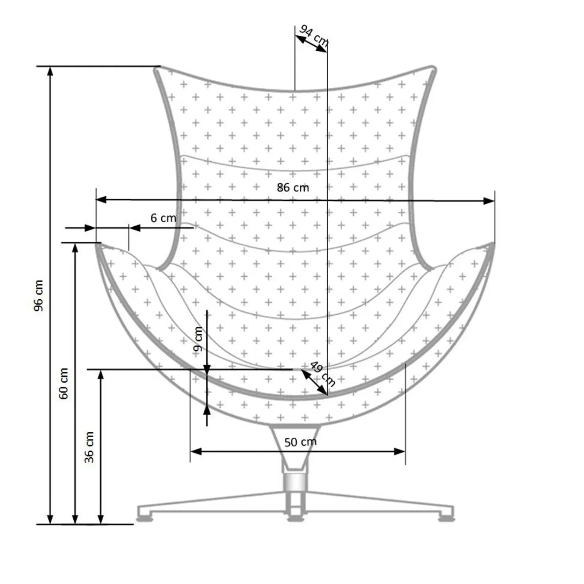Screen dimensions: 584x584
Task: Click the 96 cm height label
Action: click(38, 295)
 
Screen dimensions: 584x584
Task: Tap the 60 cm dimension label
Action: click(64, 383)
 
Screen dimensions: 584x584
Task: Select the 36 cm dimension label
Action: click(89, 447)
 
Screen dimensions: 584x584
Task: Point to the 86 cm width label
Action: click(293, 188)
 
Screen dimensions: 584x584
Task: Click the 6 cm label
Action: click(163, 218)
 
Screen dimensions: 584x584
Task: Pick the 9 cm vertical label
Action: click(197, 339)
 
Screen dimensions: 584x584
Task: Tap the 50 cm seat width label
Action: click(300, 442)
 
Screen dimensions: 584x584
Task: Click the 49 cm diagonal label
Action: click(323, 373)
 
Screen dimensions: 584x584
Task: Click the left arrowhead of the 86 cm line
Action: click(101, 200)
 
